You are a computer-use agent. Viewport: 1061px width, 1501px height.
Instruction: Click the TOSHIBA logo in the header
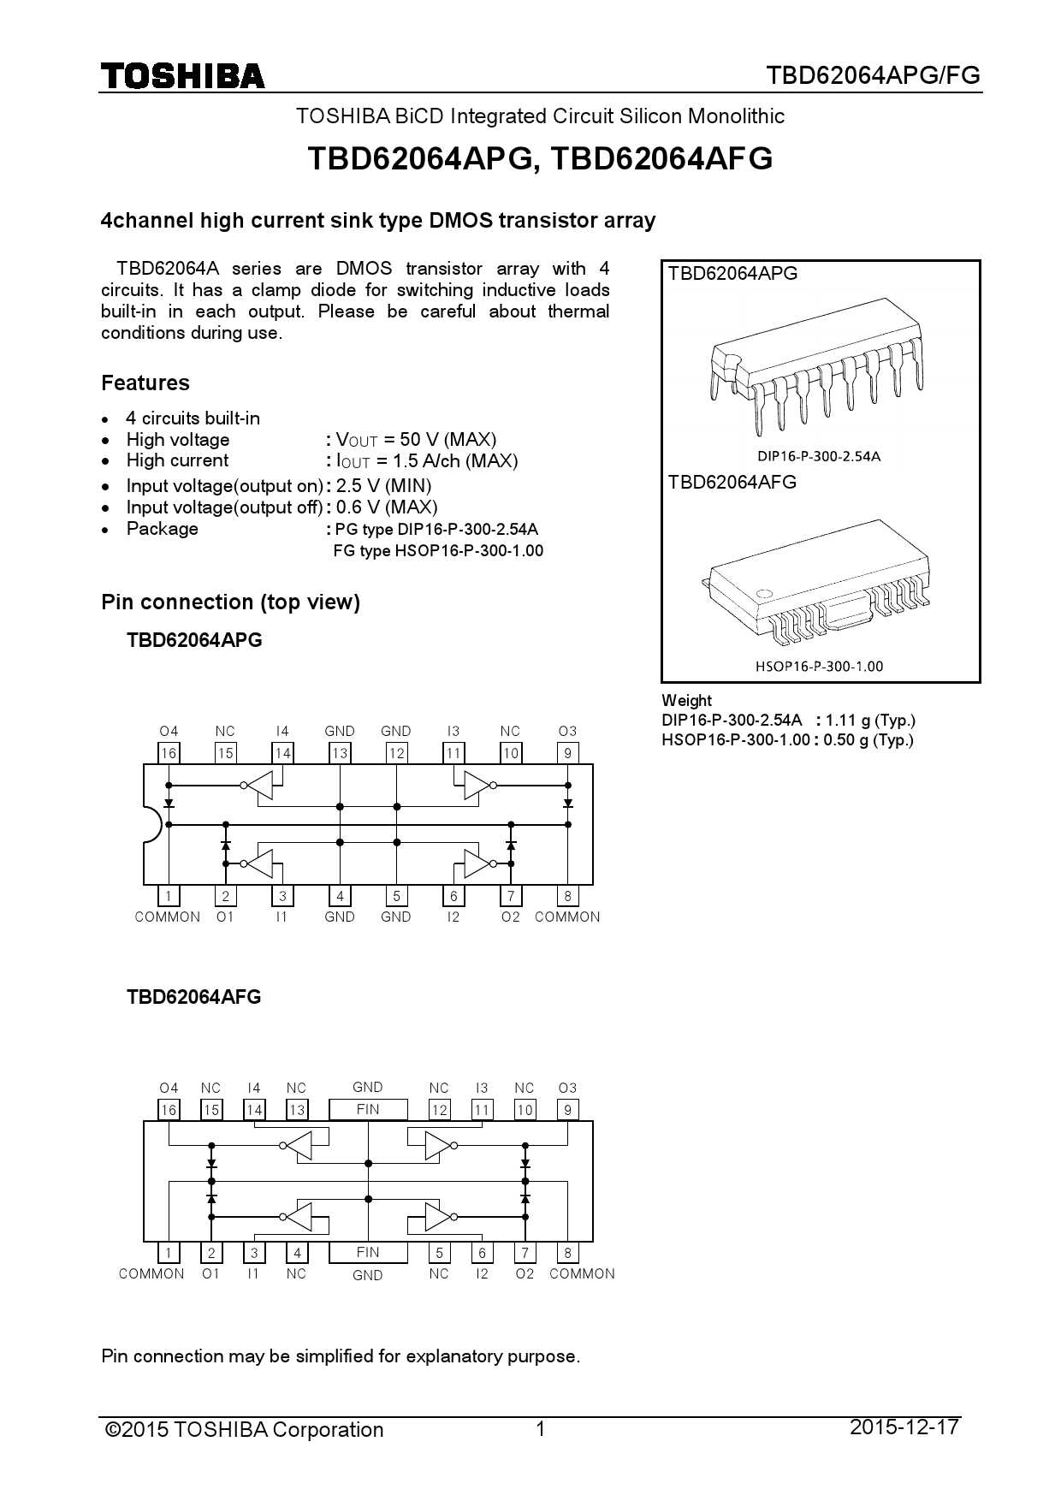tap(183, 76)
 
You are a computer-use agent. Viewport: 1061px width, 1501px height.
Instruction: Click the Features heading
tap(145, 383)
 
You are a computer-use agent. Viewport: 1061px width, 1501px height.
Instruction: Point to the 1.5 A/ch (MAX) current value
tap(455, 460)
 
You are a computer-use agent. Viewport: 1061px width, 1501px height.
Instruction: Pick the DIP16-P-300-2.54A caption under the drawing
tap(819, 456)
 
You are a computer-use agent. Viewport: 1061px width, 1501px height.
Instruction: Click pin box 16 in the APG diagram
tap(169, 753)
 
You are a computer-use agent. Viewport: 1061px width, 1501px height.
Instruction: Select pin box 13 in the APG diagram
tap(340, 753)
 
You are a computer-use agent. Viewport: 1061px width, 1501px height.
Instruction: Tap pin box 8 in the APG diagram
tap(567, 896)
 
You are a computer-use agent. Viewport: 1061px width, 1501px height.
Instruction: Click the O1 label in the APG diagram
tap(225, 917)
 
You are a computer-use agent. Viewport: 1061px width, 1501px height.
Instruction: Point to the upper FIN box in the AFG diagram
tap(368, 1109)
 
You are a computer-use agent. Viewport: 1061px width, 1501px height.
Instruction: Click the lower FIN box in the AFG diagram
tap(368, 1252)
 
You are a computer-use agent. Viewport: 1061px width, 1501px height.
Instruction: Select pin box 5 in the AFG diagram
tap(439, 1253)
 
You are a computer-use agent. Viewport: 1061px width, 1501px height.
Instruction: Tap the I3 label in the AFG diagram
tap(482, 1088)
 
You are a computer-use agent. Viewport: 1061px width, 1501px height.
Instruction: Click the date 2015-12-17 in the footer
tap(904, 1427)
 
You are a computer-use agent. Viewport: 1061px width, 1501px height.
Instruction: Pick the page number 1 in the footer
tap(540, 1429)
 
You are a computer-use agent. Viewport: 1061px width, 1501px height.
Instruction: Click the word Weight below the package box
tap(686, 700)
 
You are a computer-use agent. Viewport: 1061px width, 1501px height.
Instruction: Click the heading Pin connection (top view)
tap(230, 602)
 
